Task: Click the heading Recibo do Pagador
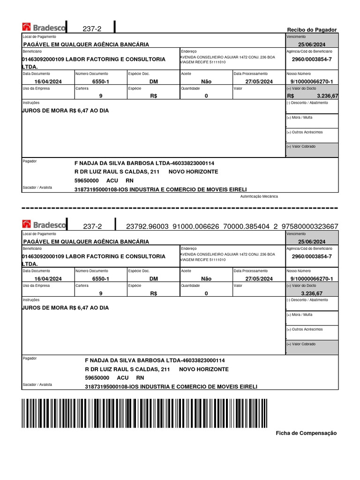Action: coord(312,30)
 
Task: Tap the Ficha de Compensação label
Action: coord(306,433)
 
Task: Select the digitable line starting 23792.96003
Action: coord(232,226)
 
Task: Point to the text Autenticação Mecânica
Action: coord(259,196)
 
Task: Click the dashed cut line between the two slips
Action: coord(180,208)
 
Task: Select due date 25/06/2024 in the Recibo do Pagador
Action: coord(311,44)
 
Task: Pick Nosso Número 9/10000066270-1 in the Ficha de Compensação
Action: coord(311,279)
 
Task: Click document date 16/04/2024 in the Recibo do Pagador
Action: coord(49,82)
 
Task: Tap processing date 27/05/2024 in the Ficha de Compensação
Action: coord(259,279)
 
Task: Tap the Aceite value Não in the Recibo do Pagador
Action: coord(206,82)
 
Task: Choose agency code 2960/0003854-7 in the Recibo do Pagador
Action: coord(311,60)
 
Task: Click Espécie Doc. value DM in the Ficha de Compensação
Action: coord(154,279)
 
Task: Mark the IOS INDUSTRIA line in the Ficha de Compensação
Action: coord(171,387)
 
